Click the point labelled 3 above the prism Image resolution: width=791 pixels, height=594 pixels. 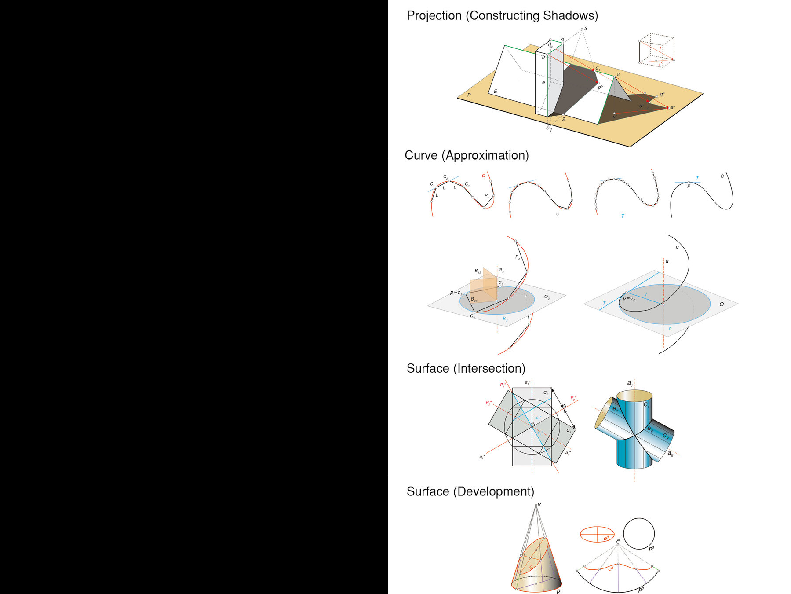(x=582, y=29)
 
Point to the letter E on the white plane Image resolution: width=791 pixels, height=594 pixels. (x=495, y=92)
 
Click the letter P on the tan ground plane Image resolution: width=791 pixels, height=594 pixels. (x=469, y=95)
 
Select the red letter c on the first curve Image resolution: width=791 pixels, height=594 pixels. (x=483, y=176)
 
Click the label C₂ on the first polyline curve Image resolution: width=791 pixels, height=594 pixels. (x=445, y=177)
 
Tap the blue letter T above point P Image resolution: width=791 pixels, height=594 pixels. (x=697, y=178)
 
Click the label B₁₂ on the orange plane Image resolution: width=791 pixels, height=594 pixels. (x=478, y=271)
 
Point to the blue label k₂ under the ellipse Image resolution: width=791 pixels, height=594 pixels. (x=505, y=319)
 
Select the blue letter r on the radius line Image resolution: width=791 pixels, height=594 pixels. (x=646, y=295)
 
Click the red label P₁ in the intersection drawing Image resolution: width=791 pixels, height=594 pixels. (x=503, y=385)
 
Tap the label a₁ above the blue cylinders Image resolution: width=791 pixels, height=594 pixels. (x=630, y=384)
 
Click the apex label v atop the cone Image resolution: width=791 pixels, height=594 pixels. (x=539, y=505)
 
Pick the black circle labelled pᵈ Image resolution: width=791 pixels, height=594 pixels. (x=639, y=534)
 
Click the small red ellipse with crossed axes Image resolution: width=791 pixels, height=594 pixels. (x=597, y=534)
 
